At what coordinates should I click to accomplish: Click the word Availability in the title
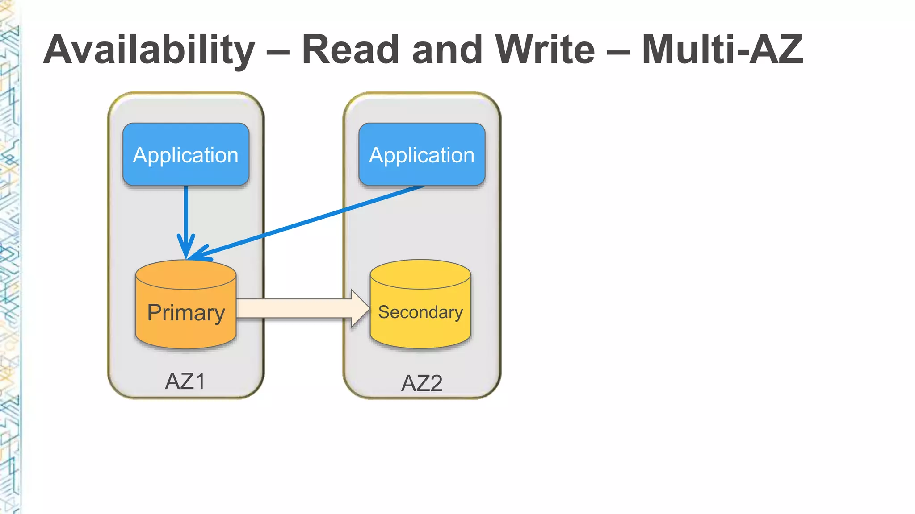pyautogui.click(x=149, y=50)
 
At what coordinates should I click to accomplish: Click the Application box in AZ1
pyautogui.click(x=186, y=154)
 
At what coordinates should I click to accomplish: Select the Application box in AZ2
pyautogui.click(x=422, y=154)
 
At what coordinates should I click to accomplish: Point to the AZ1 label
pyautogui.click(x=185, y=381)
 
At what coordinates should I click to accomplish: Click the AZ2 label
pyautogui.click(x=422, y=383)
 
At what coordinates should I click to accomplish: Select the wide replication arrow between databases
pyautogui.click(x=295, y=308)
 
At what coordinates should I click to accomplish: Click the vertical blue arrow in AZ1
pyautogui.click(x=186, y=214)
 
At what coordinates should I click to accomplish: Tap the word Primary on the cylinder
pyautogui.click(x=186, y=312)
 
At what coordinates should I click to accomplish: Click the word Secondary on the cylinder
pyautogui.click(x=420, y=312)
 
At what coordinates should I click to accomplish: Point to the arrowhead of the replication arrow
pyautogui.click(x=360, y=308)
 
